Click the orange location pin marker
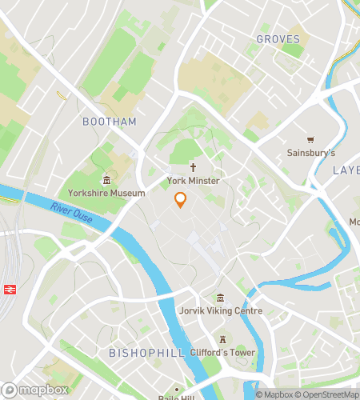(x=181, y=200)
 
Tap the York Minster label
(x=193, y=182)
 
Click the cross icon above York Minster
(x=193, y=168)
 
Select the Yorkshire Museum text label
(x=106, y=193)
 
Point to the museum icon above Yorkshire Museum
(x=106, y=180)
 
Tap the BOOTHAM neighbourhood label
(x=110, y=122)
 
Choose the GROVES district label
(x=278, y=38)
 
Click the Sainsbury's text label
(x=311, y=152)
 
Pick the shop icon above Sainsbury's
(x=311, y=139)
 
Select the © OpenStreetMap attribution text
(x=326, y=394)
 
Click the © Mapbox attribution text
(x=274, y=394)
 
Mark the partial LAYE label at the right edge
(x=346, y=170)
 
